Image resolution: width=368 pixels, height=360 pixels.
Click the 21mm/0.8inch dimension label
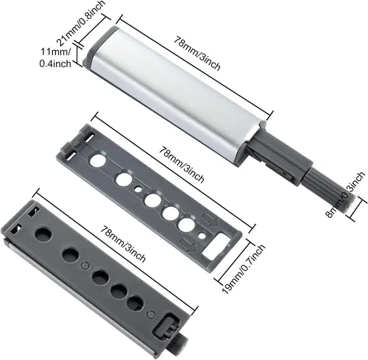pyautogui.click(x=82, y=23)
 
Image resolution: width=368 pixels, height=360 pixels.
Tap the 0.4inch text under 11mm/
pyautogui.click(x=55, y=64)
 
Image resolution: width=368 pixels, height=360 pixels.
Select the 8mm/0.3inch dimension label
pyautogui.click(x=345, y=195)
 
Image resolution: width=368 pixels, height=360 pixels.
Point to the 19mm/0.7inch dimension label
pyautogui.click(x=244, y=269)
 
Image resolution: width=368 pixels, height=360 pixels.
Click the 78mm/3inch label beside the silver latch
pyautogui.click(x=197, y=53)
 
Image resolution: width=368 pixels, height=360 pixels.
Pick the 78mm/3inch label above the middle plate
pyautogui.click(x=182, y=164)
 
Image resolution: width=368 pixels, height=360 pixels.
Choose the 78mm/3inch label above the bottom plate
pyautogui.click(x=124, y=244)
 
